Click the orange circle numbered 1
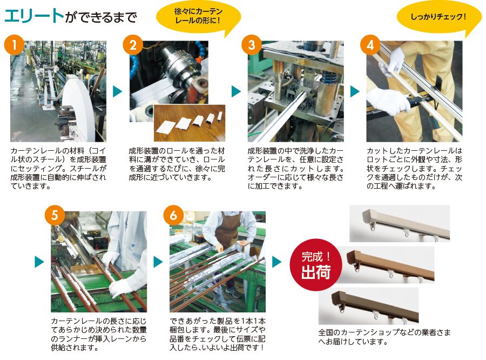[14, 45]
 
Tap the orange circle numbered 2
[133, 45]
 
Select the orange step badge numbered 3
[252, 45]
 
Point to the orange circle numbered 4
[370, 45]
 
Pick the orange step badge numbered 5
[55, 215]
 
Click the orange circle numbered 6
[173, 215]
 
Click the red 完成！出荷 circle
[316, 265]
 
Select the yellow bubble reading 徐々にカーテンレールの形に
[198, 17]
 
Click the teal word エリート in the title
[34, 16]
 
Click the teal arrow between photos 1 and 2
[117, 91]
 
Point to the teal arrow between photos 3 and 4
[355, 91]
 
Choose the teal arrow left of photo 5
[39, 262]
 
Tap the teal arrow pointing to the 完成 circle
[277, 262]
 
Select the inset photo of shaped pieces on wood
[190, 123]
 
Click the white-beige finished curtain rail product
[403, 223]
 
